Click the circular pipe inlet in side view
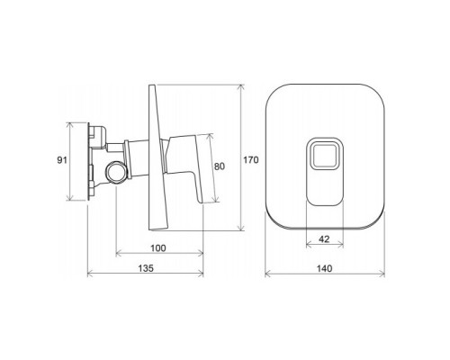click(x=116, y=172)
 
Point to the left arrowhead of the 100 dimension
click(x=117, y=255)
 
